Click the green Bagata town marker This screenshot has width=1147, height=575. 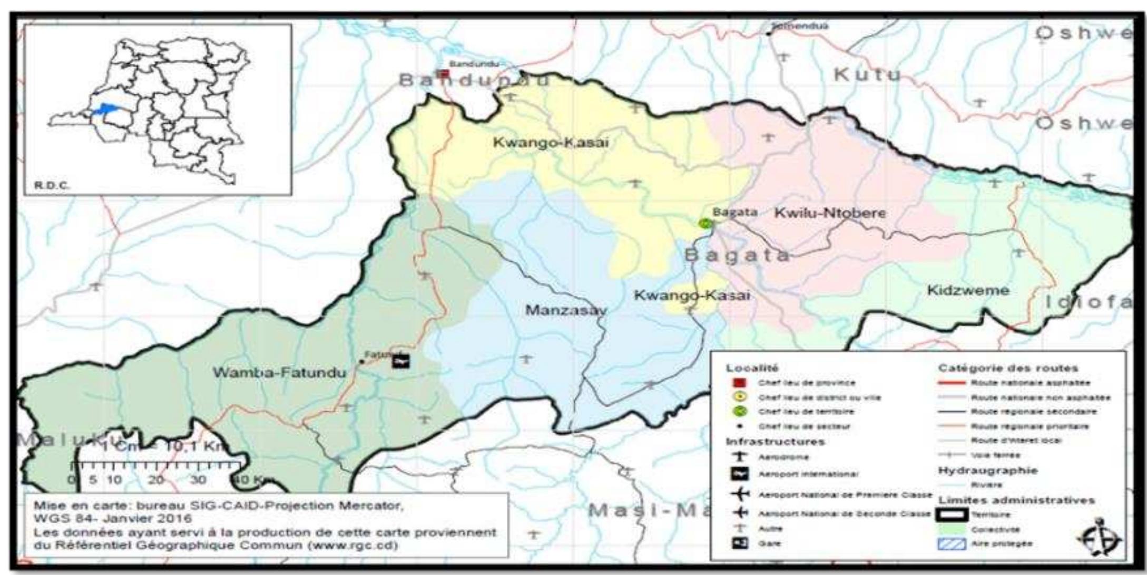click(705, 224)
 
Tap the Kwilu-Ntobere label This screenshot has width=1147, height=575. click(829, 213)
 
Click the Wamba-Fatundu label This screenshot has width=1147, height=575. click(279, 373)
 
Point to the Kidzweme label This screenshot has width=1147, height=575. click(968, 290)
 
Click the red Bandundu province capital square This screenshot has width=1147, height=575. click(444, 74)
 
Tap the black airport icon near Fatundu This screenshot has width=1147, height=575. click(400, 361)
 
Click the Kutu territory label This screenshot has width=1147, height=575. click(867, 75)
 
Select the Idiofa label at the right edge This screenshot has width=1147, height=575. click(1089, 302)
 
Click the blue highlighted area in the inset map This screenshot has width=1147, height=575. click(107, 109)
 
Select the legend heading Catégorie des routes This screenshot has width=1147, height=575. click(1008, 368)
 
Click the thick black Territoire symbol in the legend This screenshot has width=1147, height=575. click(952, 515)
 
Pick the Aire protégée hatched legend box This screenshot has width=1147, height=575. click(952, 544)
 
